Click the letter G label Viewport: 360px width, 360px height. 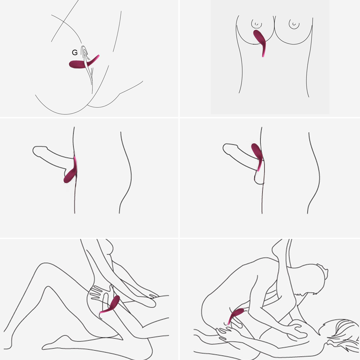click(x=74, y=52)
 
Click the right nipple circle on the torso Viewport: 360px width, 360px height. click(x=294, y=24)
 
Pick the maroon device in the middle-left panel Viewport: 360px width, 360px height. click(x=70, y=174)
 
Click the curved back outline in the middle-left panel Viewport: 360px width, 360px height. click(x=126, y=172)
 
